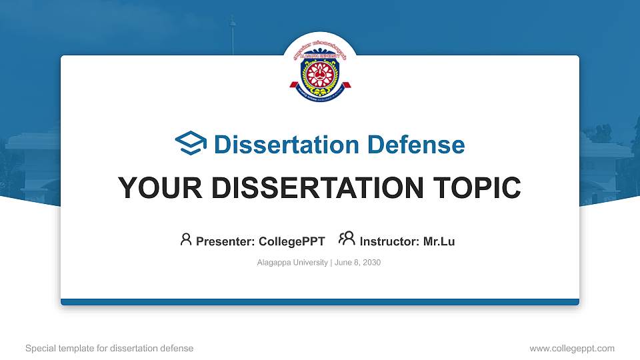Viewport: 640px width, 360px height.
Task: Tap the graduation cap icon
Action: [x=191, y=144]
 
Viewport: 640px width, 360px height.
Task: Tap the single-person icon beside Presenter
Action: [x=186, y=239]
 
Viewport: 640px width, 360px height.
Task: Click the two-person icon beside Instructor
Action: [x=347, y=239]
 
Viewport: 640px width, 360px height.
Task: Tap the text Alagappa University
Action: [x=292, y=263]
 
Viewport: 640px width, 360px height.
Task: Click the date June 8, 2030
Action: [x=357, y=263]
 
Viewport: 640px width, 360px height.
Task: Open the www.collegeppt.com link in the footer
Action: [x=571, y=348]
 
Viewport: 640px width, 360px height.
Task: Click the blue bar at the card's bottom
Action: [x=320, y=302]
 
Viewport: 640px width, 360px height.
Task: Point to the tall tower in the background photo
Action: [x=232, y=33]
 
